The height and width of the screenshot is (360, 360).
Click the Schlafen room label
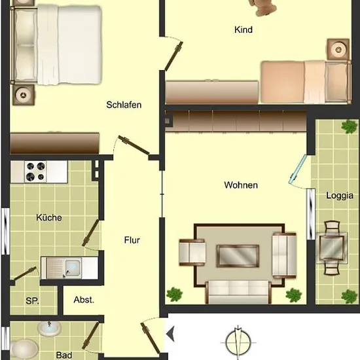point(124,105)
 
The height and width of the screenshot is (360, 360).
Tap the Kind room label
point(243,30)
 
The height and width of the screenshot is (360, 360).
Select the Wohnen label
point(241,185)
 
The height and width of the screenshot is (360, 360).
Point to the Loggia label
point(340,196)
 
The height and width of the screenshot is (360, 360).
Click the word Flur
point(132,240)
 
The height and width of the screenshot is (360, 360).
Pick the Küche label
point(49,217)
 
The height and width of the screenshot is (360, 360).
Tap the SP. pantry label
point(32,301)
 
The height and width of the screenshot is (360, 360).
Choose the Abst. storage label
point(84,300)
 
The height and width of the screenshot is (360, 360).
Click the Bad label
point(64,355)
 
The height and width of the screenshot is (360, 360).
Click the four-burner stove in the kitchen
point(35,171)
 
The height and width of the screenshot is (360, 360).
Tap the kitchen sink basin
point(73,268)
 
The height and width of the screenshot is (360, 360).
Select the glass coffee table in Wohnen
point(238,256)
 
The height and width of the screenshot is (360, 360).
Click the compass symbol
point(238,343)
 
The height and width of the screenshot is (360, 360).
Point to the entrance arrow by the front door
point(170,333)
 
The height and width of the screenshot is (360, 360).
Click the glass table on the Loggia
point(331,248)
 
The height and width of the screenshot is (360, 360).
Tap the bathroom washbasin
point(49,329)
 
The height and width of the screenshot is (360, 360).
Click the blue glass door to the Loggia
point(298,169)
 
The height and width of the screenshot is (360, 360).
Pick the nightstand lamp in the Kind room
point(338,49)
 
